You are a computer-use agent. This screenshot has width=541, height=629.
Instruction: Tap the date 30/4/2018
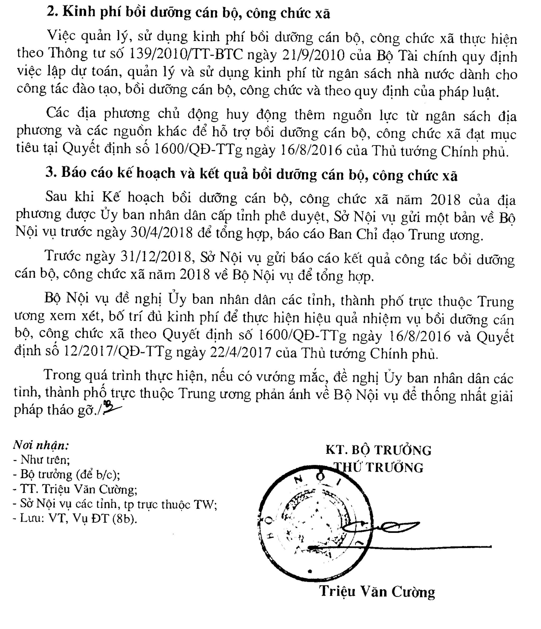(x=162, y=232)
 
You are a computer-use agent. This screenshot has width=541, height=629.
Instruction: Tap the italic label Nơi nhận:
(x=41, y=445)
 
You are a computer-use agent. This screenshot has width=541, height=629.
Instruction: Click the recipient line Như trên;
(x=42, y=460)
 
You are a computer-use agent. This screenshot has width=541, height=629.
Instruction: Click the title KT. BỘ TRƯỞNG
(x=378, y=450)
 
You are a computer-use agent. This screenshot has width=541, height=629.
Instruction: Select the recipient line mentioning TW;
(x=115, y=504)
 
